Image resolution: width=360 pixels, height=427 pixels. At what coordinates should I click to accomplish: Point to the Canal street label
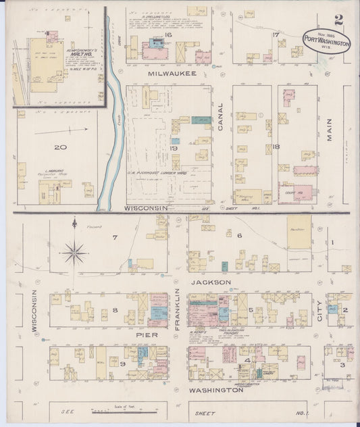(x=220, y=115)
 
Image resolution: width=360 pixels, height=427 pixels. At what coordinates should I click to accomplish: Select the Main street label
(x=330, y=128)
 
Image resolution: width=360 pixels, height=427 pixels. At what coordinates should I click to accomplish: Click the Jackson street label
(x=211, y=282)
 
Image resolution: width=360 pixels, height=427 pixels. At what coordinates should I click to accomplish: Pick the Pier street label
(x=148, y=334)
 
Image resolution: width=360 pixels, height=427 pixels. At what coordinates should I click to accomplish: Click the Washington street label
(x=216, y=390)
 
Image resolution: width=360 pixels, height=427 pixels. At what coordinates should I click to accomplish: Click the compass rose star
(x=74, y=253)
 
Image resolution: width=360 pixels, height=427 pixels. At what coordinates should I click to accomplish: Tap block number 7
(x=115, y=237)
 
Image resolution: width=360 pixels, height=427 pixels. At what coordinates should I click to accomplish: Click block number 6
(x=239, y=235)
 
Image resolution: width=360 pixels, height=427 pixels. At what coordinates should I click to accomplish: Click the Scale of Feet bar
(x=109, y=411)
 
